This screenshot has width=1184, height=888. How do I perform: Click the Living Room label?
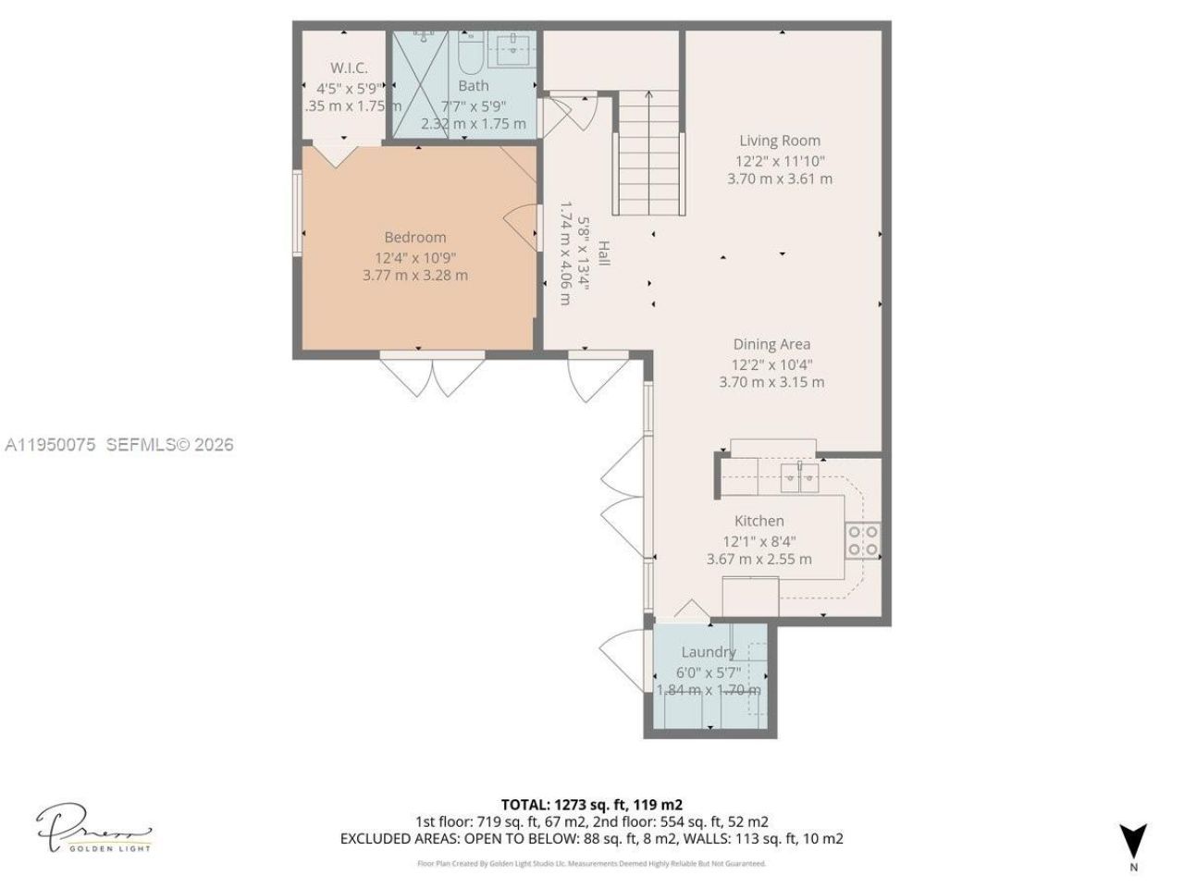point(779,141)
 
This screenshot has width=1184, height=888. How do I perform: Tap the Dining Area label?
point(771,344)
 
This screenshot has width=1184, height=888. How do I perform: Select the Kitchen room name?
point(758,521)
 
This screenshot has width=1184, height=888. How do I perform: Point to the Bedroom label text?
point(415,238)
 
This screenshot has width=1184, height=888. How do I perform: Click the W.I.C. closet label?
point(349,68)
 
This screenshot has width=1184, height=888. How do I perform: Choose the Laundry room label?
point(708,652)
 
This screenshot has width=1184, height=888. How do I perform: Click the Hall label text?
point(603,253)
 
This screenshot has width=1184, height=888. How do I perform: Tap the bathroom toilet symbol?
point(468,54)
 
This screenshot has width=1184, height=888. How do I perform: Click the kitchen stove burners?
point(862,540)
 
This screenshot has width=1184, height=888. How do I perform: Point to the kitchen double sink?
point(799,477)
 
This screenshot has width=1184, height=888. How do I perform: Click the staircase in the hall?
point(649,153)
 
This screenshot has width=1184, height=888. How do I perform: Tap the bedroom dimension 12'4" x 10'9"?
point(415,257)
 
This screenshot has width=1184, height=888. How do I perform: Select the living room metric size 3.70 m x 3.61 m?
point(779,179)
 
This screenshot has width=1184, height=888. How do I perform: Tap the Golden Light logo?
point(93,827)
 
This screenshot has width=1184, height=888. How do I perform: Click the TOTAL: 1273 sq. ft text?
point(592,804)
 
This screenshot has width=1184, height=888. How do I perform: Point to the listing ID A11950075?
point(51,445)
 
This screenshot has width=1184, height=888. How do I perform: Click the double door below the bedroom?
point(432,375)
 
